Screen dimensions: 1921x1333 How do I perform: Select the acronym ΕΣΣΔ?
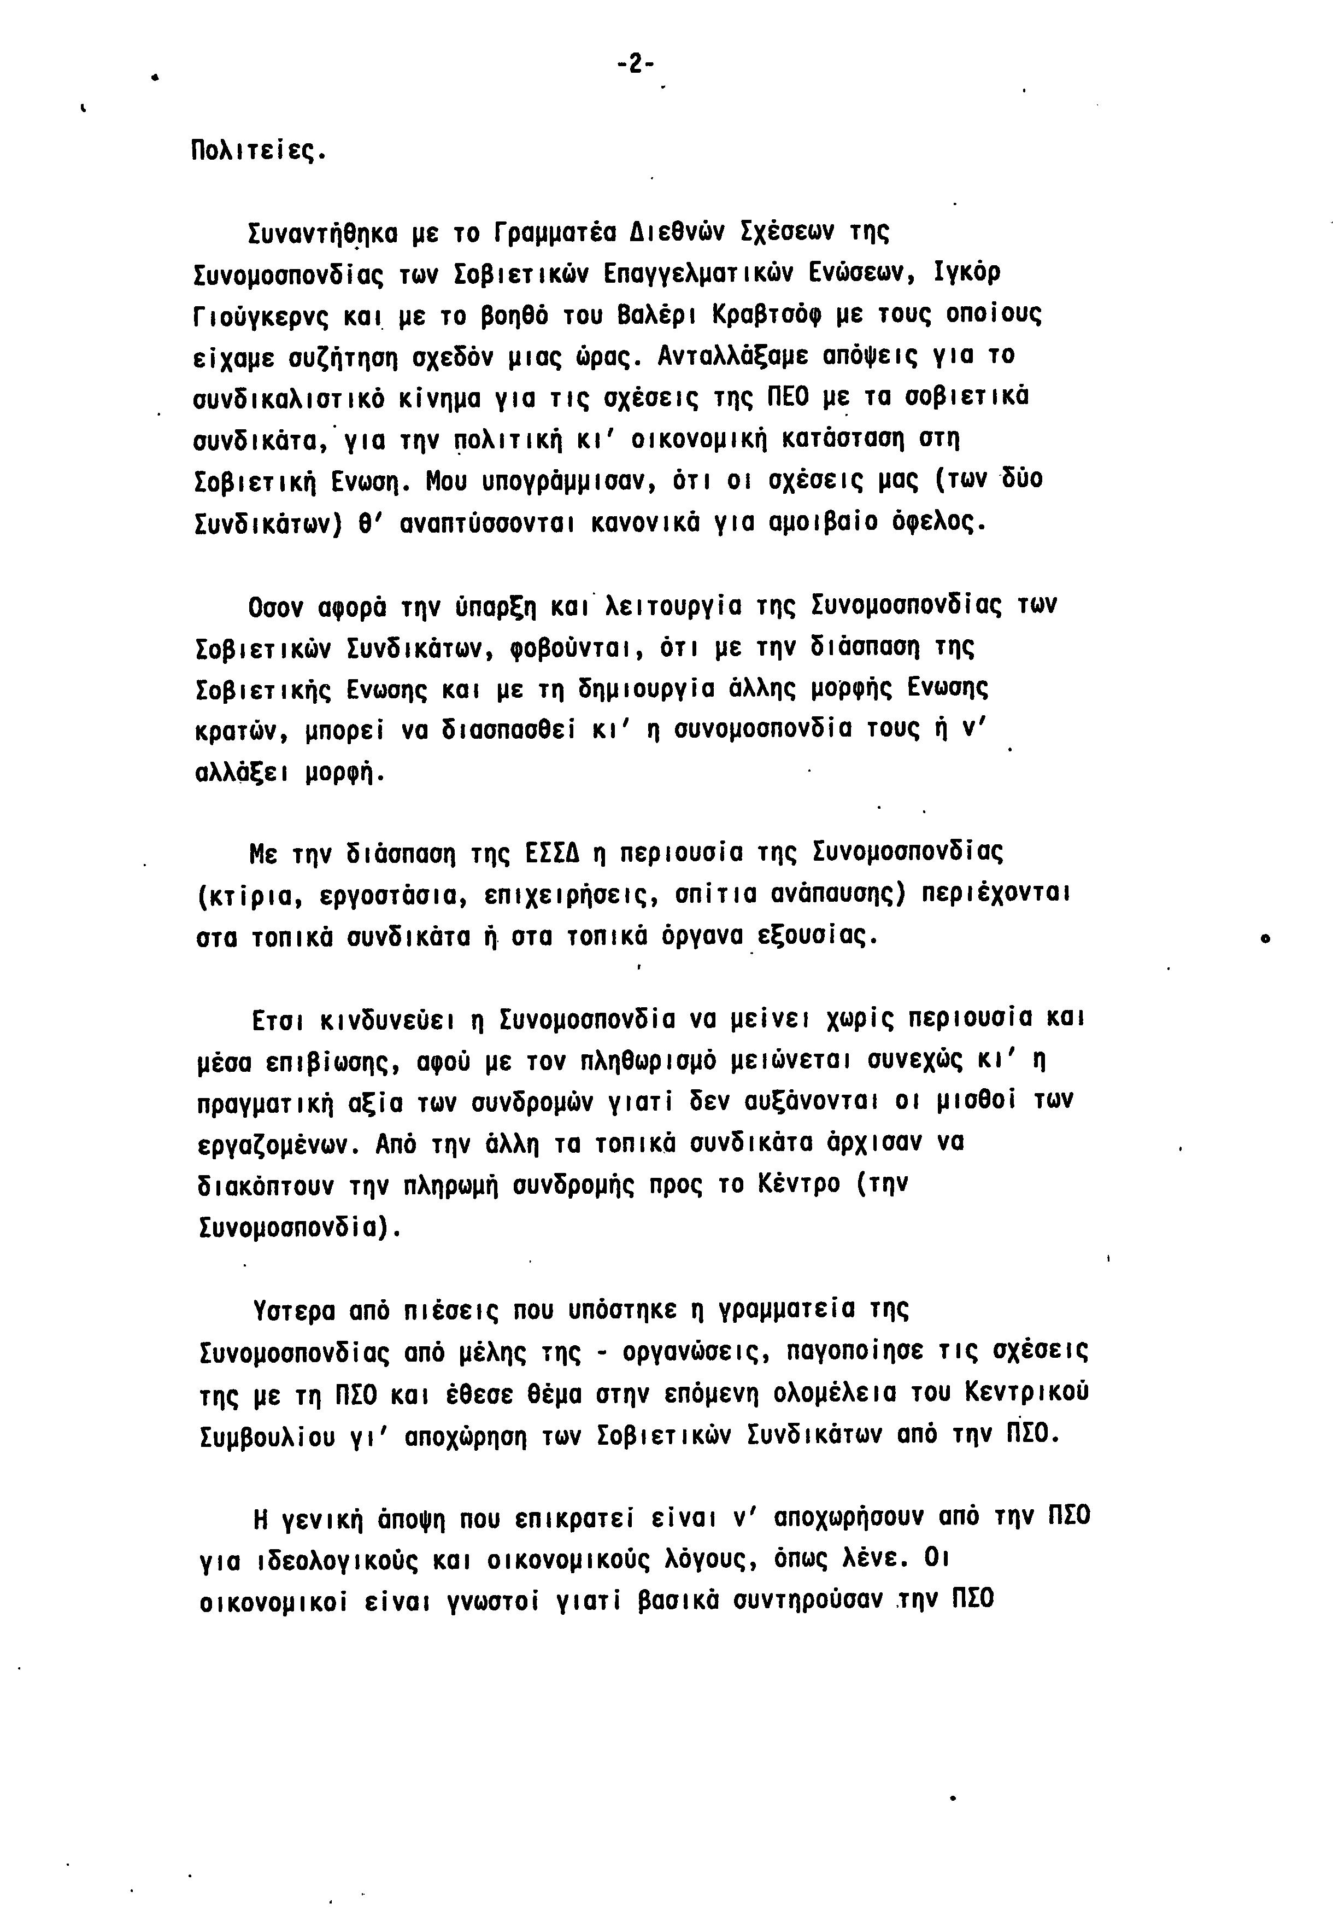[552, 854]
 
